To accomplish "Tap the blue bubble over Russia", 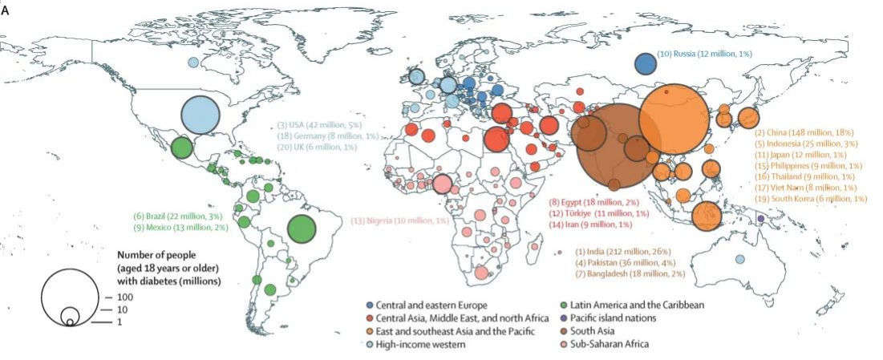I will pos(646,63).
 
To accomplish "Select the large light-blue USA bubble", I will pos(200,115).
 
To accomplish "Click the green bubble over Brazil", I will pos(301,229).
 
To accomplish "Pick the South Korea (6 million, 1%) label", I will pos(816,198).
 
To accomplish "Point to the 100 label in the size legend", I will pos(122,297).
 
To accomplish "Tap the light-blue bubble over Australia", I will pos(739,258).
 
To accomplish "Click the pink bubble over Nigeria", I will pos(442,184).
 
